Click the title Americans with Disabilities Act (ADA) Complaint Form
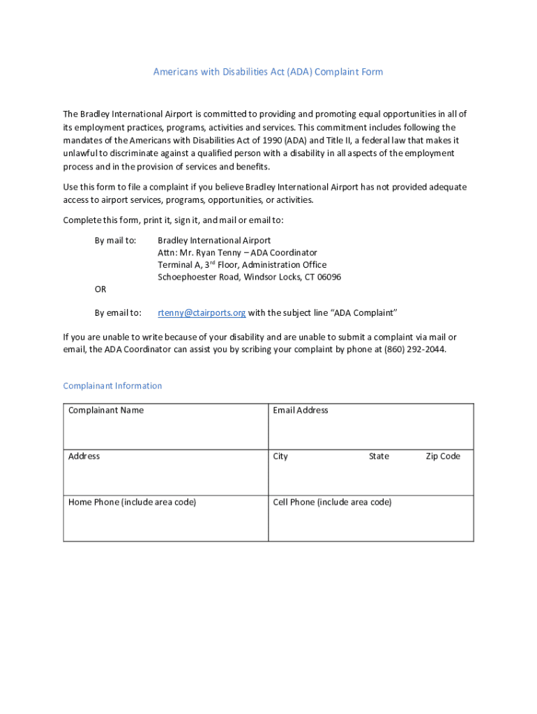click(x=268, y=72)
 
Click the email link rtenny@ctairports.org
click(x=202, y=312)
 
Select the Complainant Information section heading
click(x=112, y=386)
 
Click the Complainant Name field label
click(x=106, y=410)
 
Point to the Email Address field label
click(x=301, y=410)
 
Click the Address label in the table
click(x=84, y=456)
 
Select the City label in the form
click(x=280, y=456)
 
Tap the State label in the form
click(x=379, y=456)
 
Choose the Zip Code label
click(x=443, y=456)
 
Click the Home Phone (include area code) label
click(x=132, y=502)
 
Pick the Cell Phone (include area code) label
click(x=332, y=502)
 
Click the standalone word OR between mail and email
click(x=100, y=289)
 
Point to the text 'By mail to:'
click(x=115, y=240)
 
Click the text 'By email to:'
click(x=118, y=312)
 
